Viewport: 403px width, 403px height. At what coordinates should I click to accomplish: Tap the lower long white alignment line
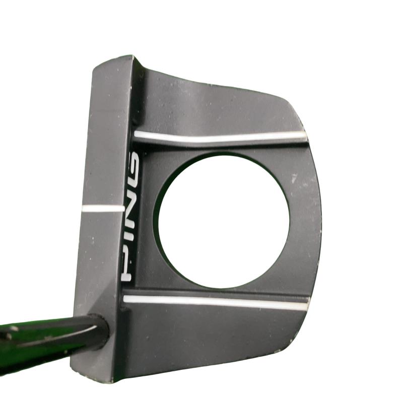216,302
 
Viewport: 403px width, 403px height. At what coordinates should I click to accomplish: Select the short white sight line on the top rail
103,208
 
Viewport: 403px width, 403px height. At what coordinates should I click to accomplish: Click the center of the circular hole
224,221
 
